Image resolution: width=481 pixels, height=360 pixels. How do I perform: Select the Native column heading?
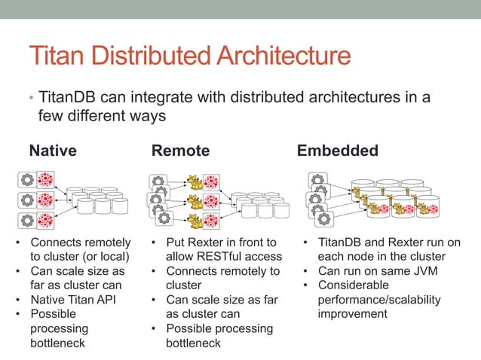click(x=52, y=151)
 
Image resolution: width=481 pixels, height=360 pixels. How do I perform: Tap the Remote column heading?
click(x=180, y=151)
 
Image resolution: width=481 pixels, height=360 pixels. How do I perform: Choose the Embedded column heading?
click(x=337, y=151)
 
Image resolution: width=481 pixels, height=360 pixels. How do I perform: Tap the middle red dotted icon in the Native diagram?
click(x=46, y=200)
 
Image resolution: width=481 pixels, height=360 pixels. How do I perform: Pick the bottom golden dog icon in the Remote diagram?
click(x=195, y=221)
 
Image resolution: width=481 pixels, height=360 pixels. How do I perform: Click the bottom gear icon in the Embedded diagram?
click(x=324, y=218)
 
